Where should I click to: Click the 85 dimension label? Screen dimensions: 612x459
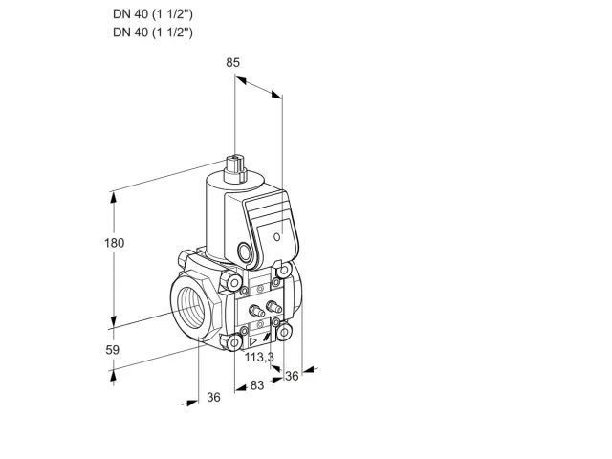pyautogui.click(x=232, y=62)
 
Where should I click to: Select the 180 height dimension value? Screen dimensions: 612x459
pyautogui.click(x=114, y=243)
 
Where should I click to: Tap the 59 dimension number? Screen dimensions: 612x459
pyautogui.click(x=113, y=350)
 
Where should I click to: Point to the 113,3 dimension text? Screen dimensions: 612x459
pyautogui.click(x=259, y=357)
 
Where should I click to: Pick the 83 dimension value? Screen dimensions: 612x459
pyautogui.click(x=257, y=385)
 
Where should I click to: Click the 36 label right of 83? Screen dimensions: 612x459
pyautogui.click(x=292, y=376)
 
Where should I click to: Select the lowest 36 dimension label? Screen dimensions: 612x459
pyautogui.click(x=213, y=397)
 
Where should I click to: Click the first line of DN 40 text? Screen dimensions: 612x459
pyautogui.click(x=153, y=14)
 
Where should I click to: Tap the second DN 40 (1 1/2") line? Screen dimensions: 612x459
pyautogui.click(x=153, y=32)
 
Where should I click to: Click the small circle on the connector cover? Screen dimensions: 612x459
pyautogui.click(x=276, y=236)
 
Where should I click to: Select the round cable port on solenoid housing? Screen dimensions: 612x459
pyautogui.click(x=245, y=251)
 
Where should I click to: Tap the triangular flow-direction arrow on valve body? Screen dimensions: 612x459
pyautogui.click(x=253, y=342)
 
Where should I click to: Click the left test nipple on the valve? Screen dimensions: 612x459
pyautogui.click(x=256, y=310)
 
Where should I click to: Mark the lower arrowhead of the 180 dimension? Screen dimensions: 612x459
pyautogui.click(x=114, y=321)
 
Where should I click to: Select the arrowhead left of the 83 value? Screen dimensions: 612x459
pyautogui.click(x=242, y=387)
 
